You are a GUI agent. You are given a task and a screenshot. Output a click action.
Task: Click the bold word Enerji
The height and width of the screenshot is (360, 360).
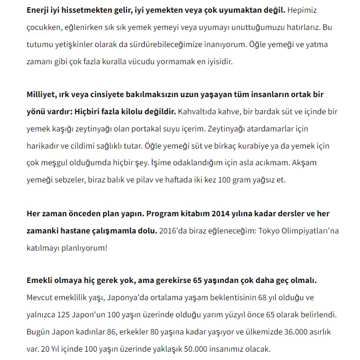[x=40, y=9]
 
